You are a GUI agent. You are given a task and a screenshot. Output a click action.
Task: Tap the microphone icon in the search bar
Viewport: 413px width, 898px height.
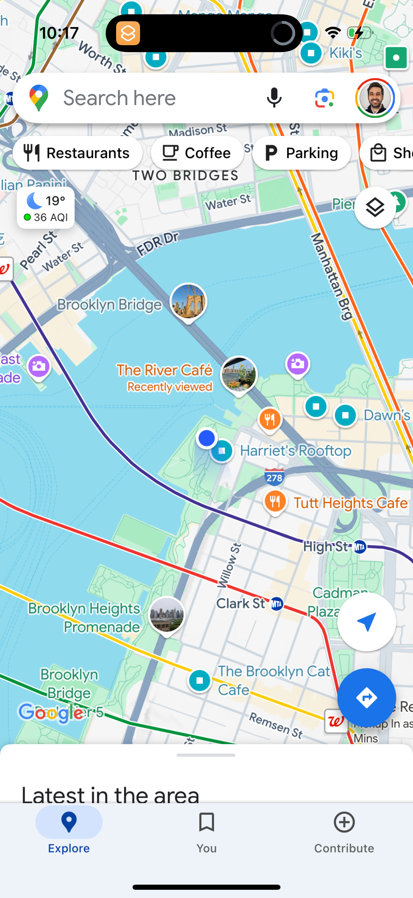pyautogui.click(x=274, y=98)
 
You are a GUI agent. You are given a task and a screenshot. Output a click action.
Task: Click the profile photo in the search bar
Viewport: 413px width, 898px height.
pyautogui.click(x=375, y=98)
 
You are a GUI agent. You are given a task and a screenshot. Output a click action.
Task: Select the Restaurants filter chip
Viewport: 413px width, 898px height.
pyautogui.click(x=77, y=153)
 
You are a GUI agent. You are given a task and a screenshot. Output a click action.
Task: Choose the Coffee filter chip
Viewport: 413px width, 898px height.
pyautogui.click(x=197, y=153)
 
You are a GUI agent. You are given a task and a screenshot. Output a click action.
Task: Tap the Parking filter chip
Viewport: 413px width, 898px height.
pyautogui.click(x=301, y=153)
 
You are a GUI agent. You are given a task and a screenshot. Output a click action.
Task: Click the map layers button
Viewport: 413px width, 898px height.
pyautogui.click(x=375, y=208)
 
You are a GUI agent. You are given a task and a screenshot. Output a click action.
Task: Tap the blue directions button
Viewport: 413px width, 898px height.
pyautogui.click(x=366, y=698)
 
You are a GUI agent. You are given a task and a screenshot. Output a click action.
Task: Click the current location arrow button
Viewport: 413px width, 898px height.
pyautogui.click(x=366, y=622)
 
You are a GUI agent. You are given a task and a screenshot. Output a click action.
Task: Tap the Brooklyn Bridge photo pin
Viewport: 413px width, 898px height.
pyautogui.click(x=188, y=301)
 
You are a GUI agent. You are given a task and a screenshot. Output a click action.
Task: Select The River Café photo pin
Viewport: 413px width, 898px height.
pyautogui.click(x=239, y=374)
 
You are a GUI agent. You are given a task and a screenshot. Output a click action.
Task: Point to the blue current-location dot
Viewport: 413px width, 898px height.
pyautogui.click(x=207, y=438)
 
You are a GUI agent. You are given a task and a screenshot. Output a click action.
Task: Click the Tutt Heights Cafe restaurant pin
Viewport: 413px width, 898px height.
pyautogui.click(x=275, y=502)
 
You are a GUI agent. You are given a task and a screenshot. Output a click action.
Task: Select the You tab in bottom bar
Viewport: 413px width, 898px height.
pyautogui.click(x=206, y=832)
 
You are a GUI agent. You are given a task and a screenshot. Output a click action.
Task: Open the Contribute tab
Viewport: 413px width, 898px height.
pyautogui.click(x=344, y=832)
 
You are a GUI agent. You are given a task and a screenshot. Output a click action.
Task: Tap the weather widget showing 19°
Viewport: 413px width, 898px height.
pyautogui.click(x=46, y=208)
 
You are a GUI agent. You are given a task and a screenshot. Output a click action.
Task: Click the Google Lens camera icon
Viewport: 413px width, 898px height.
pyautogui.click(x=324, y=98)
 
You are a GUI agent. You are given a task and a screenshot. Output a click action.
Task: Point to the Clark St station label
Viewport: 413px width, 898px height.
pyautogui.click(x=240, y=603)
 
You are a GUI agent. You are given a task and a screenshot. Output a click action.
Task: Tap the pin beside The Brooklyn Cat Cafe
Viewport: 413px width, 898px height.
pyautogui.click(x=200, y=680)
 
